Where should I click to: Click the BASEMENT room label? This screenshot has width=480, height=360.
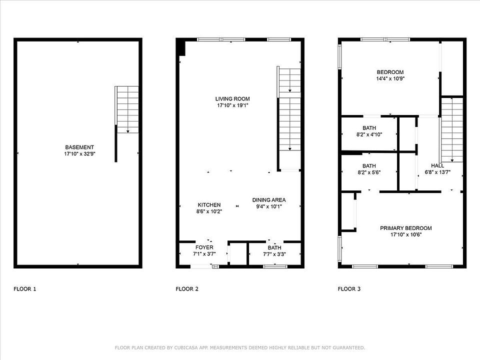click(x=79, y=147)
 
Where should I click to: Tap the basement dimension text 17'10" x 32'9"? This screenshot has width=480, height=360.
click(x=79, y=154)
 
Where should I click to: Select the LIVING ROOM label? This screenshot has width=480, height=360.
click(x=232, y=99)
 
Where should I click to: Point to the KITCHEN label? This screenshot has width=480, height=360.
click(x=209, y=205)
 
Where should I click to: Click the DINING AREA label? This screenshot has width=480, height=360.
click(x=269, y=200)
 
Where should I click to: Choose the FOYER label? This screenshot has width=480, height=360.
click(x=204, y=247)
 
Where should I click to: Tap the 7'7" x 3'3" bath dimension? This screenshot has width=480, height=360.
click(x=274, y=254)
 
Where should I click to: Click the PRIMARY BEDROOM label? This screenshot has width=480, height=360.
click(x=406, y=228)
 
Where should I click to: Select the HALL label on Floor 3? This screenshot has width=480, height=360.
click(x=437, y=165)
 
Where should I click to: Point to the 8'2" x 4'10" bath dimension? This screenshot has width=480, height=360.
click(x=369, y=134)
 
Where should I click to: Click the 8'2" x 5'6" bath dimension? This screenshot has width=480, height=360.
click(x=369, y=172)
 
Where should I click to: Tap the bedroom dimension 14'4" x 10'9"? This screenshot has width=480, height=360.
click(x=390, y=78)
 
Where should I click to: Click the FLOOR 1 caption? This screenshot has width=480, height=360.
click(x=25, y=289)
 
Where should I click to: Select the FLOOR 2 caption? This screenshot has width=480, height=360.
click(x=187, y=289)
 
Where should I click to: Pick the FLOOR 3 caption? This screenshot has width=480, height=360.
click(x=349, y=289)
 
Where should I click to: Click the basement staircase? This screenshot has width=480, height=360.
click(x=127, y=109)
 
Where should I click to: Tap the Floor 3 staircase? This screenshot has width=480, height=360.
click(x=451, y=130)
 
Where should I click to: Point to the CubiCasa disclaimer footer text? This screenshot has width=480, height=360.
click(x=240, y=348)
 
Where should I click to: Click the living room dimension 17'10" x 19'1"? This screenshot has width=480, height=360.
click(x=232, y=105)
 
